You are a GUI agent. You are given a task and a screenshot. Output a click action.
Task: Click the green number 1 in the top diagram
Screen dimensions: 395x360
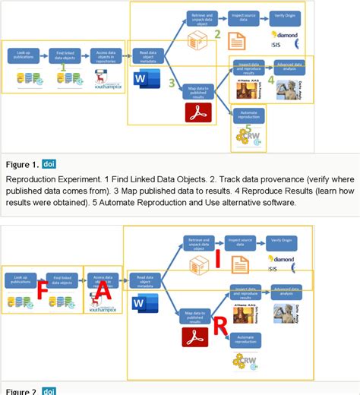64,68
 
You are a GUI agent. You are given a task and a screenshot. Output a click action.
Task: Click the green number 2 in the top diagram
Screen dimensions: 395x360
216,34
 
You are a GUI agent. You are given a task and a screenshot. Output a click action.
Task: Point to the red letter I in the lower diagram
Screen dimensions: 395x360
216,261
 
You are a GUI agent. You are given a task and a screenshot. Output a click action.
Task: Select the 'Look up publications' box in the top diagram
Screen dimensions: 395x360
23,55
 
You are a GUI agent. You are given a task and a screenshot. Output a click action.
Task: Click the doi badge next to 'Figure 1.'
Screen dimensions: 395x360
49,163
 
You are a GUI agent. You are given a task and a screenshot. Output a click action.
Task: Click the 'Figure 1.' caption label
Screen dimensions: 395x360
21,163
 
